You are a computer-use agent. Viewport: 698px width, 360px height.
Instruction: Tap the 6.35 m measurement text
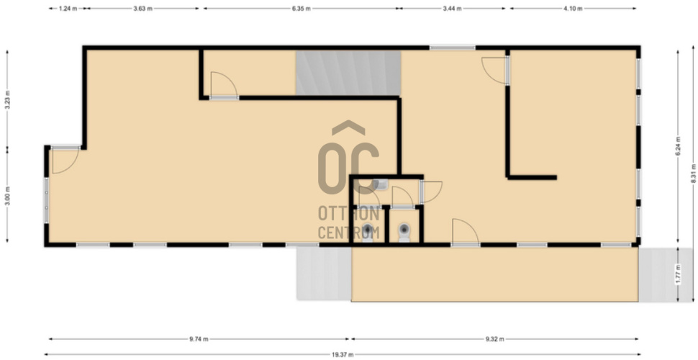(301, 9)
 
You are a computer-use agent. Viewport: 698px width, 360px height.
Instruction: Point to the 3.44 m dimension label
(453, 9)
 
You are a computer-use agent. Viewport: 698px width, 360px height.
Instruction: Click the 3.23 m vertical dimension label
(8, 100)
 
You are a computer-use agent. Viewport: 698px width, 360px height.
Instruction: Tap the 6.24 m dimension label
(678, 145)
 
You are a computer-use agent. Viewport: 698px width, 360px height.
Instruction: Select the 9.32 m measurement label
(494, 339)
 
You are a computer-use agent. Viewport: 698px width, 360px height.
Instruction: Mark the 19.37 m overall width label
(343, 355)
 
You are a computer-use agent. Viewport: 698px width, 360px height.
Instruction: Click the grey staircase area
(348, 73)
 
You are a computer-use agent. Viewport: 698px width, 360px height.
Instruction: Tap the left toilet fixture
(367, 232)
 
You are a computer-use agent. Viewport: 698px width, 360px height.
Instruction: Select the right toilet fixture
(404, 232)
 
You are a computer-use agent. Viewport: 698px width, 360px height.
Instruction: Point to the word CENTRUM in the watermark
(348, 233)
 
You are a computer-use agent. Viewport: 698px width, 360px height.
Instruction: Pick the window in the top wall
(453, 48)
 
